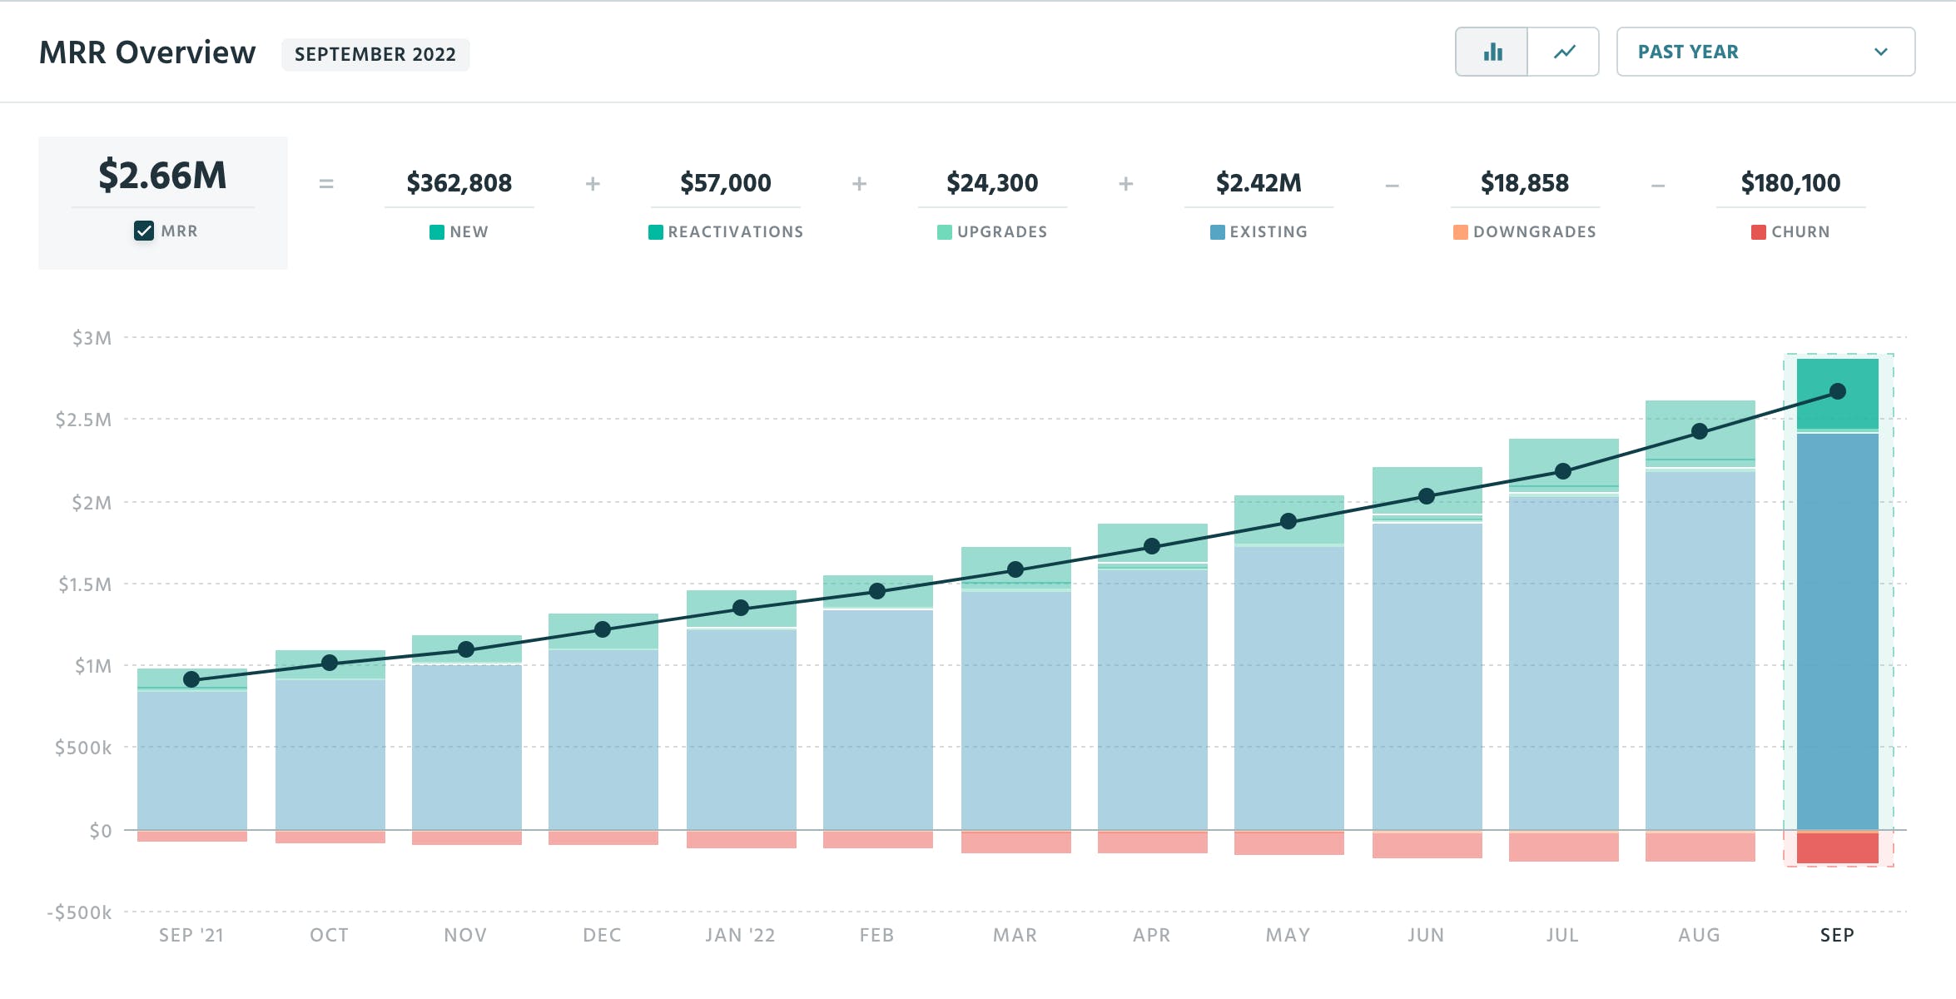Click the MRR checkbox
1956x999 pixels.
(144, 231)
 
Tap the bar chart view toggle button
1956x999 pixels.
(1492, 52)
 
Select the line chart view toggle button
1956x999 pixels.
(1564, 52)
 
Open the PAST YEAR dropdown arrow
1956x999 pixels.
(1880, 52)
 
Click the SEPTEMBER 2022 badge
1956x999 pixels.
(375, 54)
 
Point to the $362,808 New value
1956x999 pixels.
(459, 182)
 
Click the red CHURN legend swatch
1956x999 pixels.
(1758, 232)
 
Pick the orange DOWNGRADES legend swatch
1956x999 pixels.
(1460, 232)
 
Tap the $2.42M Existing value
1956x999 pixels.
(1258, 182)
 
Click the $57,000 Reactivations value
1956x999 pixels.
(725, 182)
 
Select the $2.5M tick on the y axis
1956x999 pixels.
(83, 420)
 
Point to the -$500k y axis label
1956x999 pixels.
(80, 912)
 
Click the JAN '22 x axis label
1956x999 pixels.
(740, 935)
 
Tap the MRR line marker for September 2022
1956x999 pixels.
(1838, 391)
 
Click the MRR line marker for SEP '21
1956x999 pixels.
(191, 679)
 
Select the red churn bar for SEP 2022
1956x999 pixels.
(1837, 847)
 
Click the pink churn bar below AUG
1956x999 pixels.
(1700, 847)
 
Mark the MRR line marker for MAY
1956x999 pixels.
(1288, 521)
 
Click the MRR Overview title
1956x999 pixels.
(147, 52)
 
